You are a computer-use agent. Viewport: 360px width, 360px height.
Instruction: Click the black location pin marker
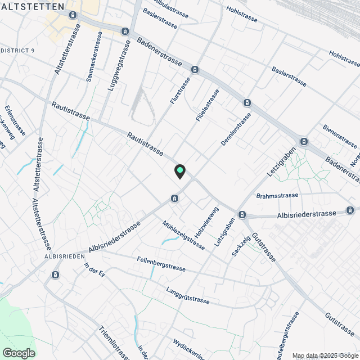[x=180, y=171]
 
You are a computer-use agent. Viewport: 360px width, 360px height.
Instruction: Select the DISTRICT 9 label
[x=17, y=51]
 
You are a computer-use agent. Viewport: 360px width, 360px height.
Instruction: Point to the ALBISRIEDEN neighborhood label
[x=64, y=256]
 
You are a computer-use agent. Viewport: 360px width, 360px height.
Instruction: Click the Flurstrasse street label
[x=181, y=90]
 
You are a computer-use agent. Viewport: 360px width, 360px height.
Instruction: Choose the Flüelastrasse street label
[x=207, y=105]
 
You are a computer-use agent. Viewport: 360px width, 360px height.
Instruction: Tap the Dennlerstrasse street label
[x=236, y=129]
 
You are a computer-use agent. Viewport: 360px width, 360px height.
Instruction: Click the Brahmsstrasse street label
[x=277, y=196]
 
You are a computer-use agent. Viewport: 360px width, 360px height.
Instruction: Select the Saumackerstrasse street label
[x=94, y=56]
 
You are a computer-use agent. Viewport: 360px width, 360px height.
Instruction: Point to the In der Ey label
[x=94, y=273]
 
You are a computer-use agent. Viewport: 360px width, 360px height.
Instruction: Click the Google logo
[x=19, y=353]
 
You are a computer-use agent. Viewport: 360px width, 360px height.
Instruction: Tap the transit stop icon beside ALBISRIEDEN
[x=55, y=274]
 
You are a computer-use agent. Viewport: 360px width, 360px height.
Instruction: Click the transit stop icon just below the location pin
[x=175, y=198]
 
